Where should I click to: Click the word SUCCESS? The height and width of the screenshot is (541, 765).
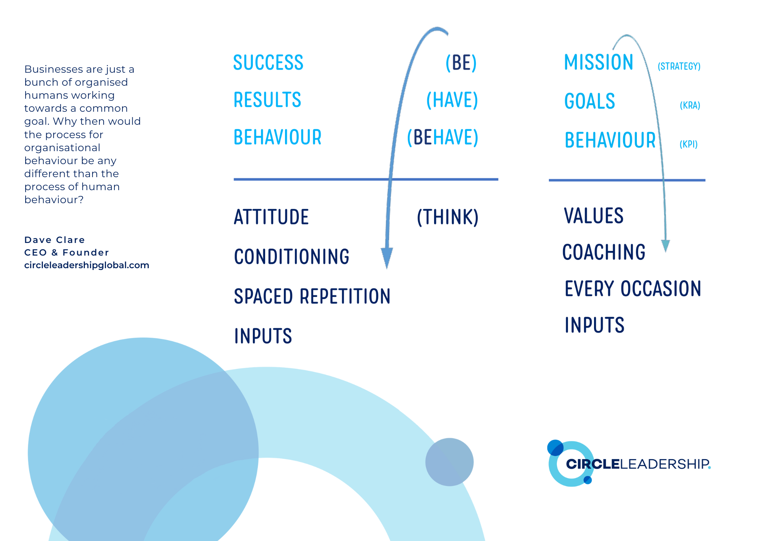[268, 63]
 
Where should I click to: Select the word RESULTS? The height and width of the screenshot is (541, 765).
[267, 100]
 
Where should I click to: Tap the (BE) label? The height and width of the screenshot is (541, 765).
[461, 63]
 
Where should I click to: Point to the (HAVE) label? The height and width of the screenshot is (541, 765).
[452, 100]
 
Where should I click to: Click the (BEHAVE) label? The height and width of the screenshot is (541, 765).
[443, 137]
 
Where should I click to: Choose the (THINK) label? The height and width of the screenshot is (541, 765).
[448, 217]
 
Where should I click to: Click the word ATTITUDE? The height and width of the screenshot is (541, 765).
[271, 217]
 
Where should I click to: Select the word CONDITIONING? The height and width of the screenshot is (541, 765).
[291, 257]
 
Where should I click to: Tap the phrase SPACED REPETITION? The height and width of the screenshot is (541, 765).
[312, 297]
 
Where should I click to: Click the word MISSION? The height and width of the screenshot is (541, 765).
[599, 62]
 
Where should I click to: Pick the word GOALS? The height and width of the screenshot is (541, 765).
[589, 101]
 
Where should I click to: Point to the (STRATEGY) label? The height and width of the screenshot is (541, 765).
[679, 66]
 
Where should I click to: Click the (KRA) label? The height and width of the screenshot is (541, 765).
[690, 105]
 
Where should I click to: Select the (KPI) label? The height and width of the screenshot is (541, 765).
[688, 144]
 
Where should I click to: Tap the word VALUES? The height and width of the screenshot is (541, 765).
[594, 216]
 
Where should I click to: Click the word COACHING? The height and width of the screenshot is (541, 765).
[604, 252]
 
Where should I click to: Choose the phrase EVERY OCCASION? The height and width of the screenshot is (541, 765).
[633, 289]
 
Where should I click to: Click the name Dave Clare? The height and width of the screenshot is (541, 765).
[54, 240]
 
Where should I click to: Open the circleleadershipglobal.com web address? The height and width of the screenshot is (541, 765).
[86, 265]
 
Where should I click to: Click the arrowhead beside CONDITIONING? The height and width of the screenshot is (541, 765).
[387, 258]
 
